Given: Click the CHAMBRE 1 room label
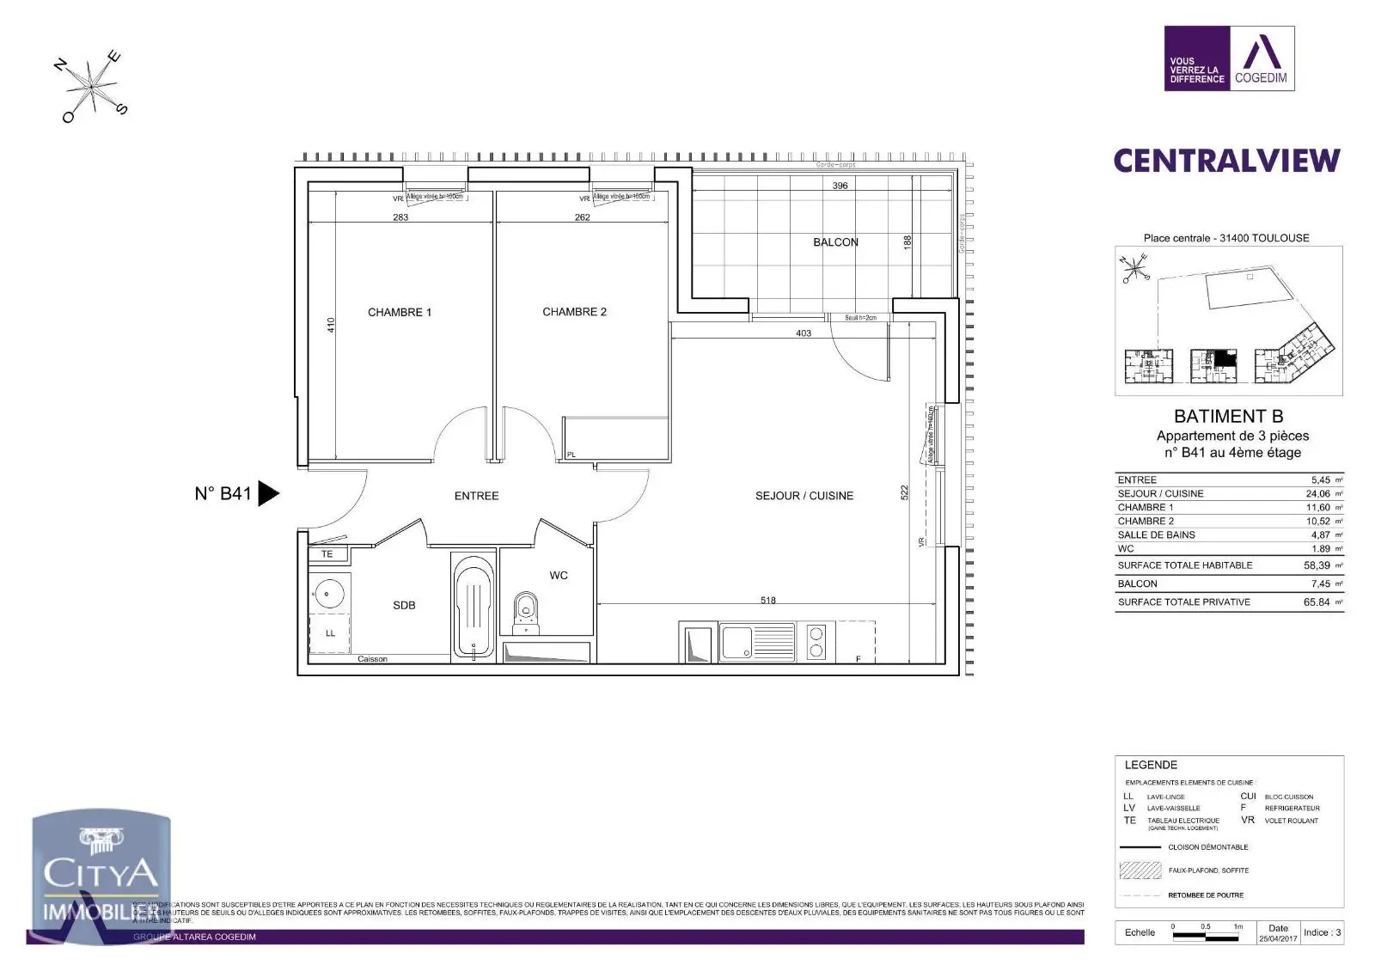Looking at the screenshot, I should (400, 312).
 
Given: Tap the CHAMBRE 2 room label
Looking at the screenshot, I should (574, 312).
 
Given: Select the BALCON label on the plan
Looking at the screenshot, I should (835, 242).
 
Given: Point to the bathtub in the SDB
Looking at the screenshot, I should (473, 607).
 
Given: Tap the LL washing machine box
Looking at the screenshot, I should (330, 633).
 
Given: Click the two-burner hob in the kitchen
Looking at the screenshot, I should (816, 643).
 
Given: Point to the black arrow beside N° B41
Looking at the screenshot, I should (268, 493).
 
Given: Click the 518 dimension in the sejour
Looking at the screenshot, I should (767, 601).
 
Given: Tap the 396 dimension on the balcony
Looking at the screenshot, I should (840, 186).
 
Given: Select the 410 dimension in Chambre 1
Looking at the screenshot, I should (331, 326).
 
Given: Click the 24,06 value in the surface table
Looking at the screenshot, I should (1317, 494).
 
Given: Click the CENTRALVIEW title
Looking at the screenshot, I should (1226, 161).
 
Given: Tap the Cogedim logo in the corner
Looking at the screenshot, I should (1229, 58).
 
